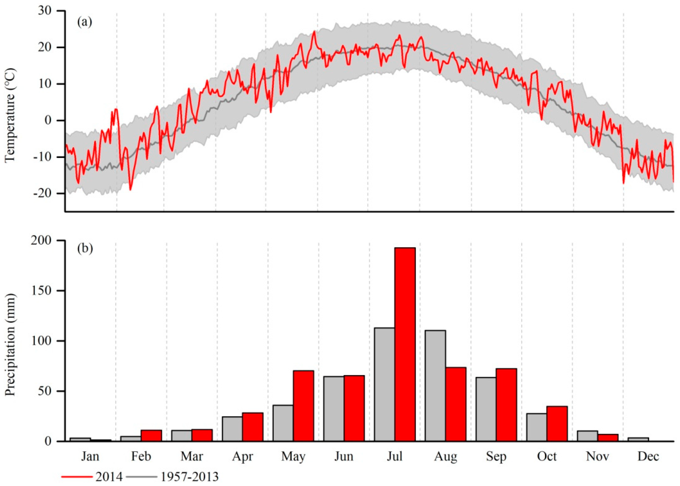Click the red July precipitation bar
(x=405, y=344)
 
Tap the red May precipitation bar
(x=303, y=406)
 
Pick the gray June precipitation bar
(x=333, y=409)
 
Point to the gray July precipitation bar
(x=384, y=385)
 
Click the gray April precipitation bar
(x=232, y=429)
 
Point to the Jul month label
(x=395, y=456)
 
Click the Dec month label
(x=648, y=456)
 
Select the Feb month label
(x=141, y=456)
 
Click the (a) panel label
(x=85, y=22)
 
